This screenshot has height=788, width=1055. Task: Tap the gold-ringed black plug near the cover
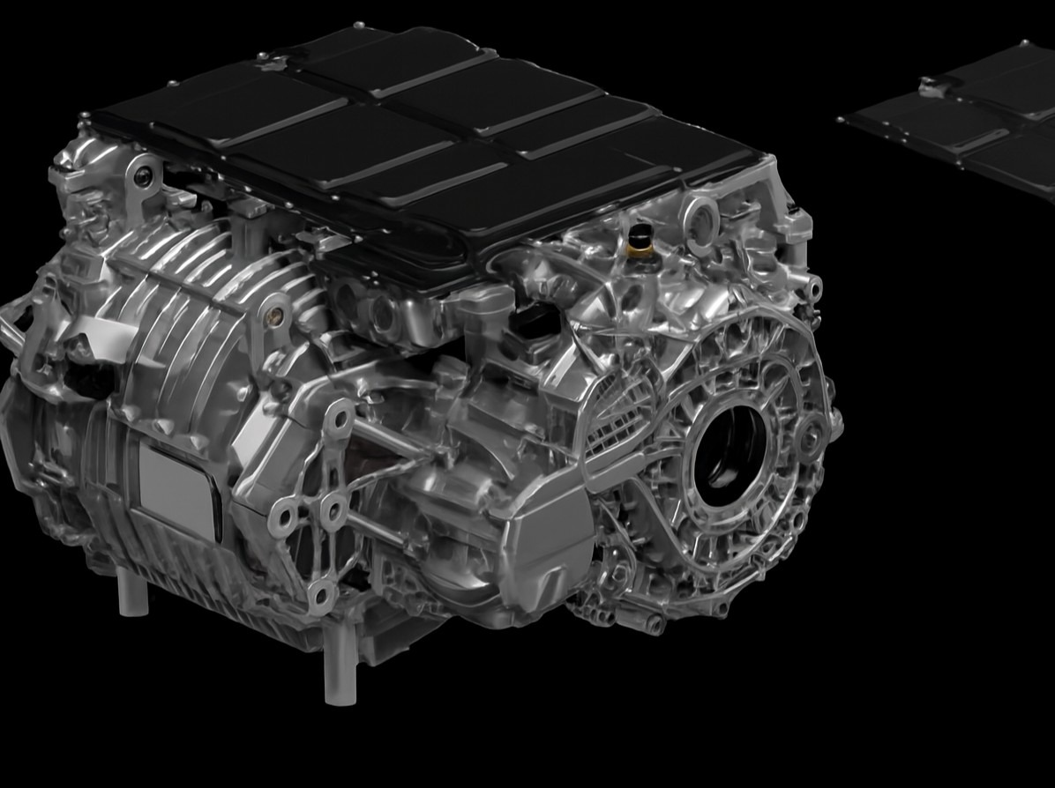click(641, 241)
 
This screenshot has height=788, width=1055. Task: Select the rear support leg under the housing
click(132, 591)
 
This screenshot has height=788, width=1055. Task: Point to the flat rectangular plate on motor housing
click(179, 488)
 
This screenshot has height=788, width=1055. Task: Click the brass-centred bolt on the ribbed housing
click(276, 309)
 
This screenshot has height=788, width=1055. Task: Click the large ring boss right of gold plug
click(700, 214)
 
